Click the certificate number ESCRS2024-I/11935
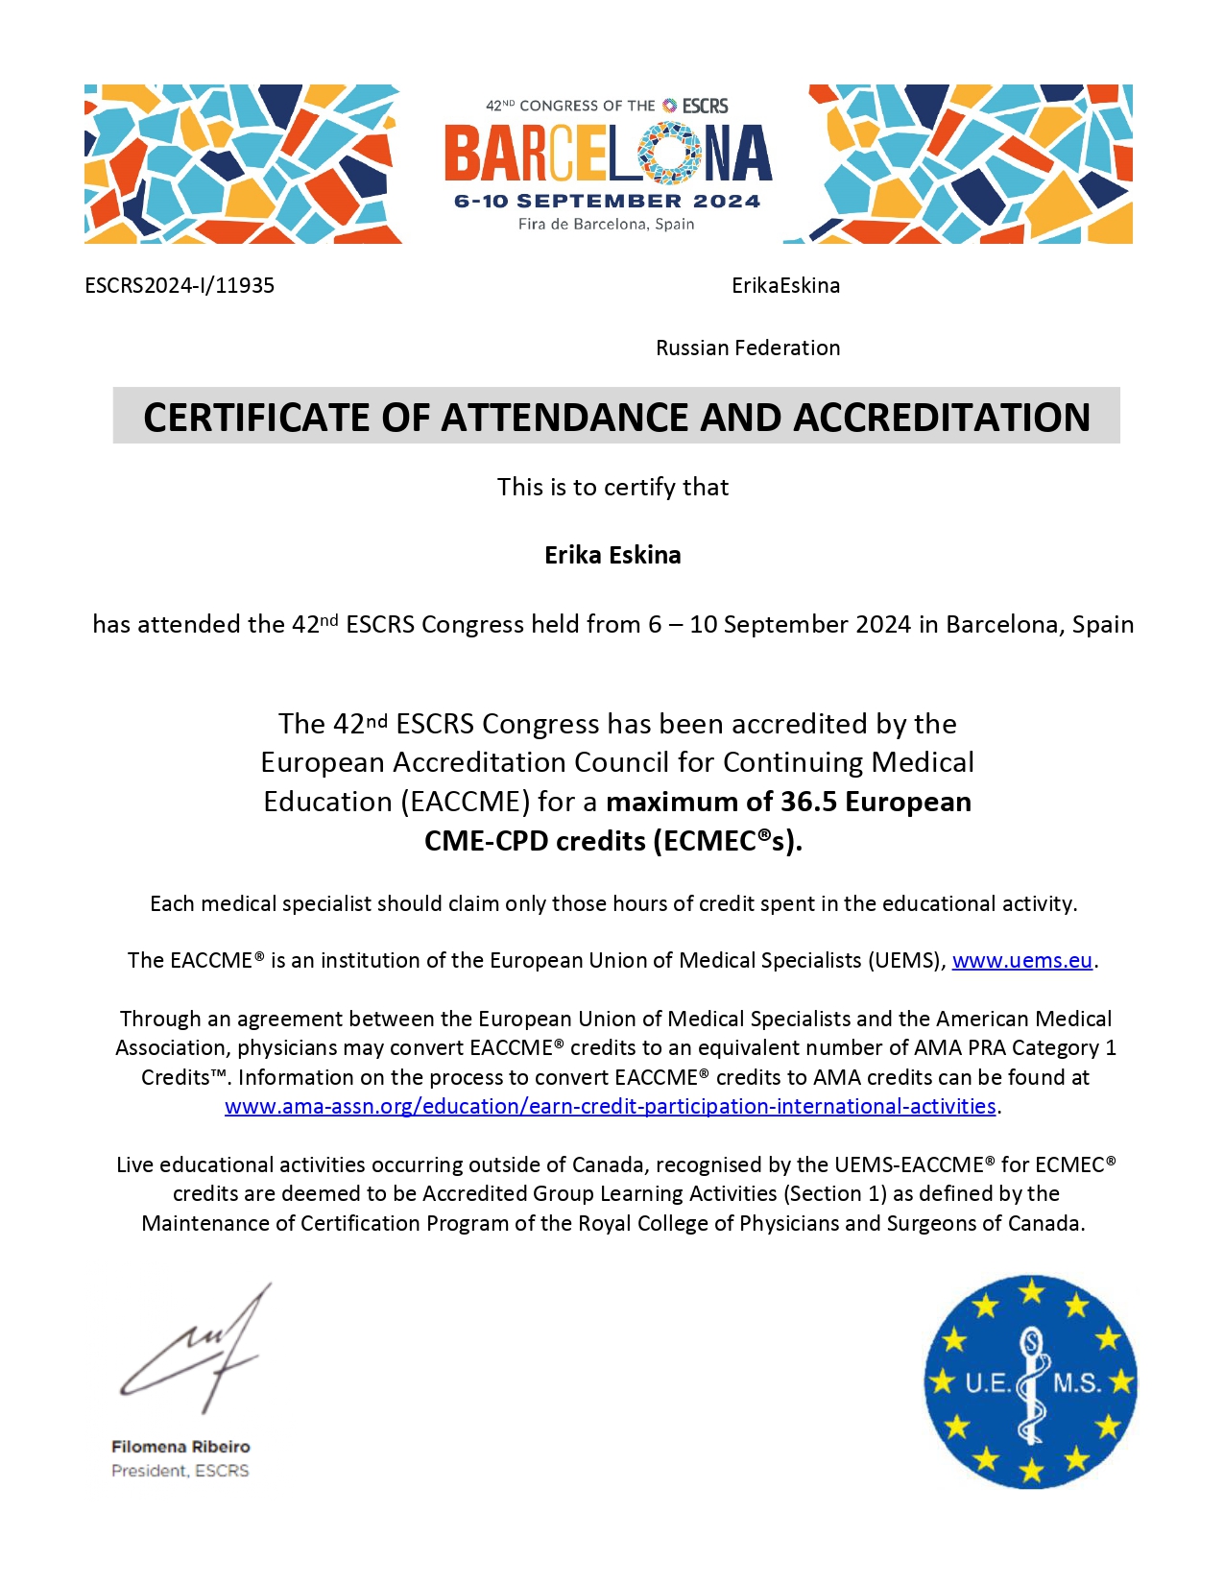point(180,286)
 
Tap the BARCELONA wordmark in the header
point(607,155)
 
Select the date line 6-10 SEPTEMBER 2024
point(607,202)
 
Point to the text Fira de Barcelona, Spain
point(606,225)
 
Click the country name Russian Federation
point(748,348)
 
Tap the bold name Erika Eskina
point(612,556)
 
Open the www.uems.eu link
point(1021,961)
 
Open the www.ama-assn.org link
point(610,1107)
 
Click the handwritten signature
point(197,1349)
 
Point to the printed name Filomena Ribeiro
point(180,1447)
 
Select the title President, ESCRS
point(180,1471)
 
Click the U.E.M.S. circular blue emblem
point(1030,1382)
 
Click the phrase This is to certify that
point(612,488)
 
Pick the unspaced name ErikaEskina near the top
point(785,286)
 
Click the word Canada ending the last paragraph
point(1044,1224)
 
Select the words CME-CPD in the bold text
point(487,842)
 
